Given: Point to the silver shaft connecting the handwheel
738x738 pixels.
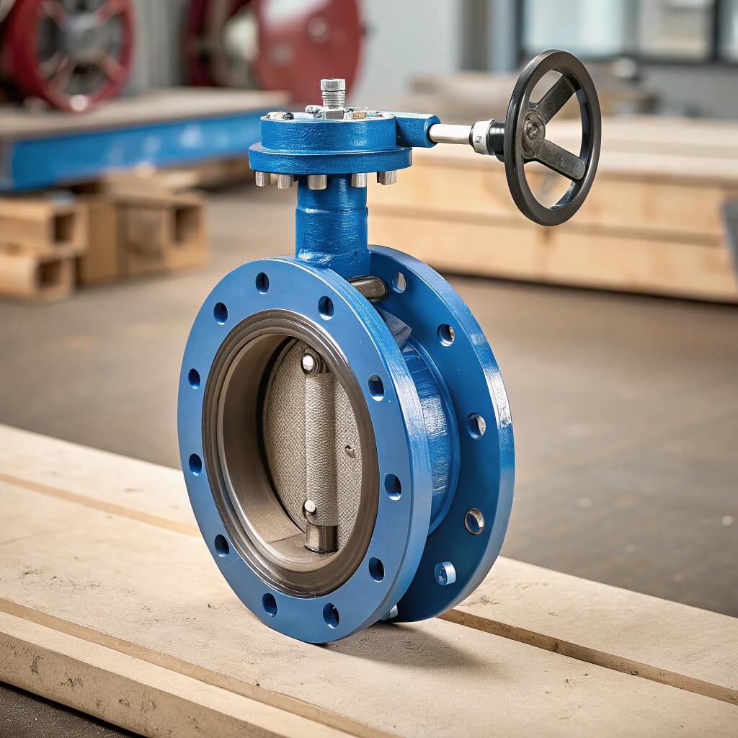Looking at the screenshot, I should coord(450,133).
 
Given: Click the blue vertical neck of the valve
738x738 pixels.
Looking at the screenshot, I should coord(332,223).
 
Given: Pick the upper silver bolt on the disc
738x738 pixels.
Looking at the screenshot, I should coord(309,362).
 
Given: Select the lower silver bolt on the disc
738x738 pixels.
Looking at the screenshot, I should coord(309,509).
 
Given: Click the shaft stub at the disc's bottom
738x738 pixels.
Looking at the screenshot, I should coord(321,537).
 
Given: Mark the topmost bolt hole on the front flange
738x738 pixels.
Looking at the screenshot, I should coord(262,282).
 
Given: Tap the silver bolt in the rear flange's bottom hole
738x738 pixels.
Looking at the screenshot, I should coord(445,573).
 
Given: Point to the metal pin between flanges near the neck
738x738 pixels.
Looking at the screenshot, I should coord(369,288).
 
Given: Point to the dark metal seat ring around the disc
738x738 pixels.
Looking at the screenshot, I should coord(216,447).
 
